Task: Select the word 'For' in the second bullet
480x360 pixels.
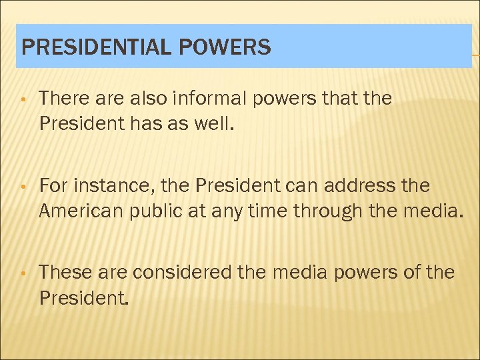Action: pyautogui.click(x=52, y=185)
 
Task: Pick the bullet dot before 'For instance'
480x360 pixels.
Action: pyautogui.click(x=23, y=187)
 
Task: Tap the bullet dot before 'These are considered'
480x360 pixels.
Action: pyautogui.click(x=23, y=273)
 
